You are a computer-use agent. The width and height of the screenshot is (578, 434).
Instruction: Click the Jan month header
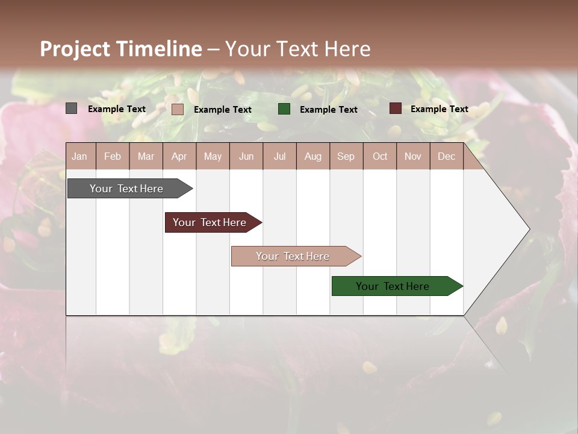coord(79,156)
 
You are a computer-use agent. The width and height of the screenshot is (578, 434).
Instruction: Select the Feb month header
coord(113,156)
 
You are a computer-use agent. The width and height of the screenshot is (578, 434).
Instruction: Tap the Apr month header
coord(179,156)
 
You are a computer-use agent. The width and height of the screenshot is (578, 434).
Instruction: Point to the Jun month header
coord(246,156)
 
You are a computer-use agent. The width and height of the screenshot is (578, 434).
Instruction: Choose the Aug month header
coord(312,156)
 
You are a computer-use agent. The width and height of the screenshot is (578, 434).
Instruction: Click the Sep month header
coord(346,156)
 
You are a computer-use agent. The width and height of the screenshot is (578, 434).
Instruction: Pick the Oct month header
coord(380,156)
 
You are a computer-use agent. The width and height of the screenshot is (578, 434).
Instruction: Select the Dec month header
coord(446,156)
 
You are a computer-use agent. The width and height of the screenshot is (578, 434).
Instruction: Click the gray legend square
coord(72,108)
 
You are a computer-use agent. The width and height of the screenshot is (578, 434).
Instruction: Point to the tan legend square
coord(178,109)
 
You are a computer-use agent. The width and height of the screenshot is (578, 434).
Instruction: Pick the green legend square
coord(284,108)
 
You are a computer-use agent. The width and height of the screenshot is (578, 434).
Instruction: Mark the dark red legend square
coord(395,108)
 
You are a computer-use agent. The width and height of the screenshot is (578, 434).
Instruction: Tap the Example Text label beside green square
coord(328,109)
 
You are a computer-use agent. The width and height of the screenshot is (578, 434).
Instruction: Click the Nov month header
coord(413,156)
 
